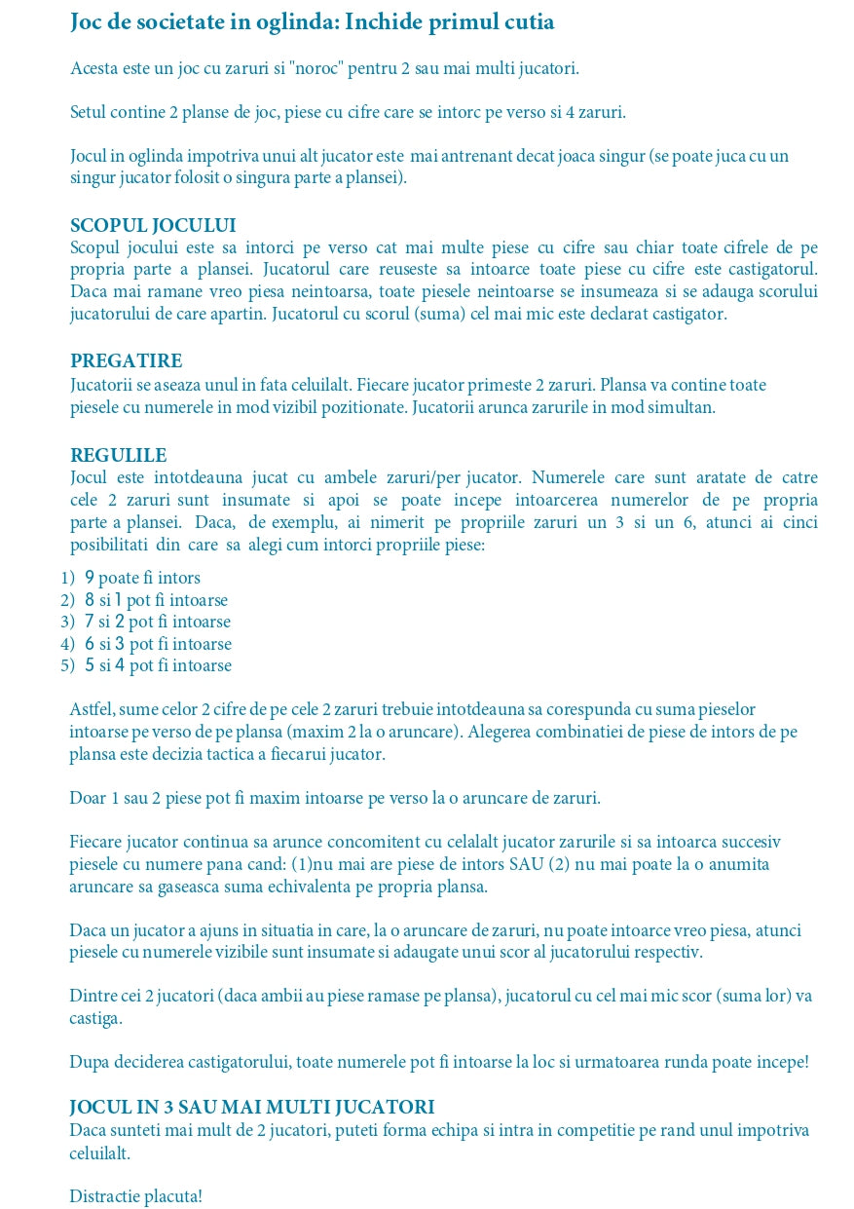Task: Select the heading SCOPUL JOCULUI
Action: (153, 226)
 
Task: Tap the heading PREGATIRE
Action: (126, 361)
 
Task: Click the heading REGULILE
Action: (118, 455)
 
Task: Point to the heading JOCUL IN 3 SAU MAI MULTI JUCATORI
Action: (251, 1108)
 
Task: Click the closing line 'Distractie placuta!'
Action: (135, 1195)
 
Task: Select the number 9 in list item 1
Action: (90, 578)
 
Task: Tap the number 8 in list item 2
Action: (90, 600)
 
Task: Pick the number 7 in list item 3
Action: (90, 622)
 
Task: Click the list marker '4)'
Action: (67, 644)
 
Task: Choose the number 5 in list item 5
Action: (90, 666)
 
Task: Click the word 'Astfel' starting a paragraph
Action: (92, 709)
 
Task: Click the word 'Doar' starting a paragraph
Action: (88, 798)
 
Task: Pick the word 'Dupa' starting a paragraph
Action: (88, 1062)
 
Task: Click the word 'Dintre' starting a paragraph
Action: (93, 996)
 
